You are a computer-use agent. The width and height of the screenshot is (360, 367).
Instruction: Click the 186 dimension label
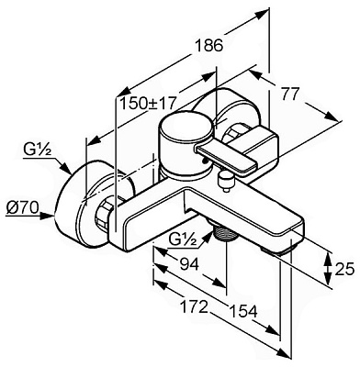[209, 46]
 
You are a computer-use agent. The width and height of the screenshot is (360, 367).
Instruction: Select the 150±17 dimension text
[148, 103]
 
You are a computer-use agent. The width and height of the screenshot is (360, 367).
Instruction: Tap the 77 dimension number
[289, 95]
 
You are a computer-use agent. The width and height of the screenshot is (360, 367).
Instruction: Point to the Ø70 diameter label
[22, 208]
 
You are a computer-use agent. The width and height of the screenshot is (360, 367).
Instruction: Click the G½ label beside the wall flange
[37, 150]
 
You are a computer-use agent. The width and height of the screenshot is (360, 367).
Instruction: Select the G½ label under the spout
[183, 241]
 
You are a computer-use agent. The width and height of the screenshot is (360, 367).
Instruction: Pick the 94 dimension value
[189, 263]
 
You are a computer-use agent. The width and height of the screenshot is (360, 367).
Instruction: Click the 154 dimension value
[243, 311]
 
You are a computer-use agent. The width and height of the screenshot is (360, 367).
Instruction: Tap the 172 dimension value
[194, 306]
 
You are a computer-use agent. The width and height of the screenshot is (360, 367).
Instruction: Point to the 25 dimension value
[345, 270]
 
